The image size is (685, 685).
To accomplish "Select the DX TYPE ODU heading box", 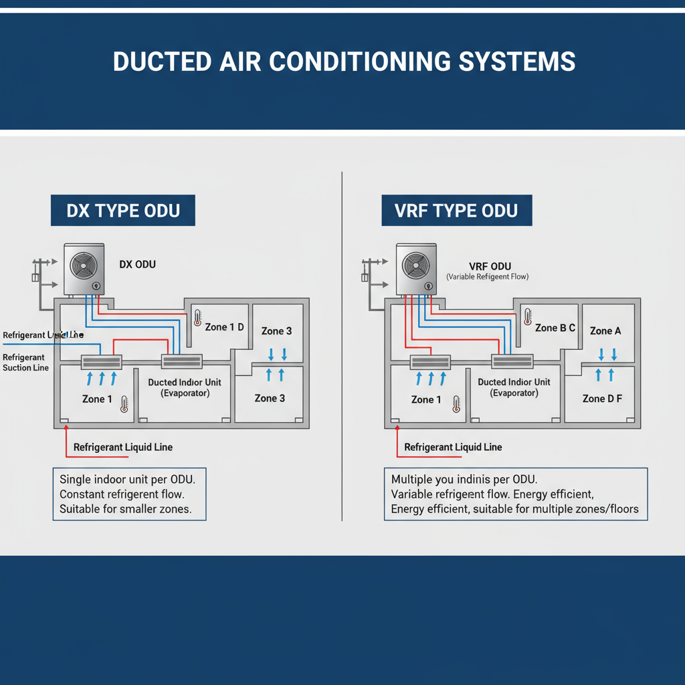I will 124,211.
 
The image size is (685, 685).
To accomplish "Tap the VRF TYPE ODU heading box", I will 457,211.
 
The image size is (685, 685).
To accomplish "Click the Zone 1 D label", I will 224,327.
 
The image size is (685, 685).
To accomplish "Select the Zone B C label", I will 555,328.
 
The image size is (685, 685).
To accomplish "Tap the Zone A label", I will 605,330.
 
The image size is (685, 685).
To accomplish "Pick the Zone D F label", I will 602,399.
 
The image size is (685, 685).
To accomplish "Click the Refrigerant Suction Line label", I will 25,363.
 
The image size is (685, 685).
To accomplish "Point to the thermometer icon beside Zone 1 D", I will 197,317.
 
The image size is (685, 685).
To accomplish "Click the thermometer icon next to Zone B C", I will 528,317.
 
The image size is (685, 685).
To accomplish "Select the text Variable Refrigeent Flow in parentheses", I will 487,277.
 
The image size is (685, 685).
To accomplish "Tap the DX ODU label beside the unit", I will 137,264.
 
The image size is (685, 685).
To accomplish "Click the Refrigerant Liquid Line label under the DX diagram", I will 123,447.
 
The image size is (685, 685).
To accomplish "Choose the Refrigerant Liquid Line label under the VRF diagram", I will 453,447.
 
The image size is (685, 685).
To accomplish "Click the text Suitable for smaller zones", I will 126,509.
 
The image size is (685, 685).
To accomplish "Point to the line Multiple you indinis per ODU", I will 463,480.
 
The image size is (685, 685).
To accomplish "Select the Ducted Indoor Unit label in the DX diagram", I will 184,382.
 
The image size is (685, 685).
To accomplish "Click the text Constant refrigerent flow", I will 122,494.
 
